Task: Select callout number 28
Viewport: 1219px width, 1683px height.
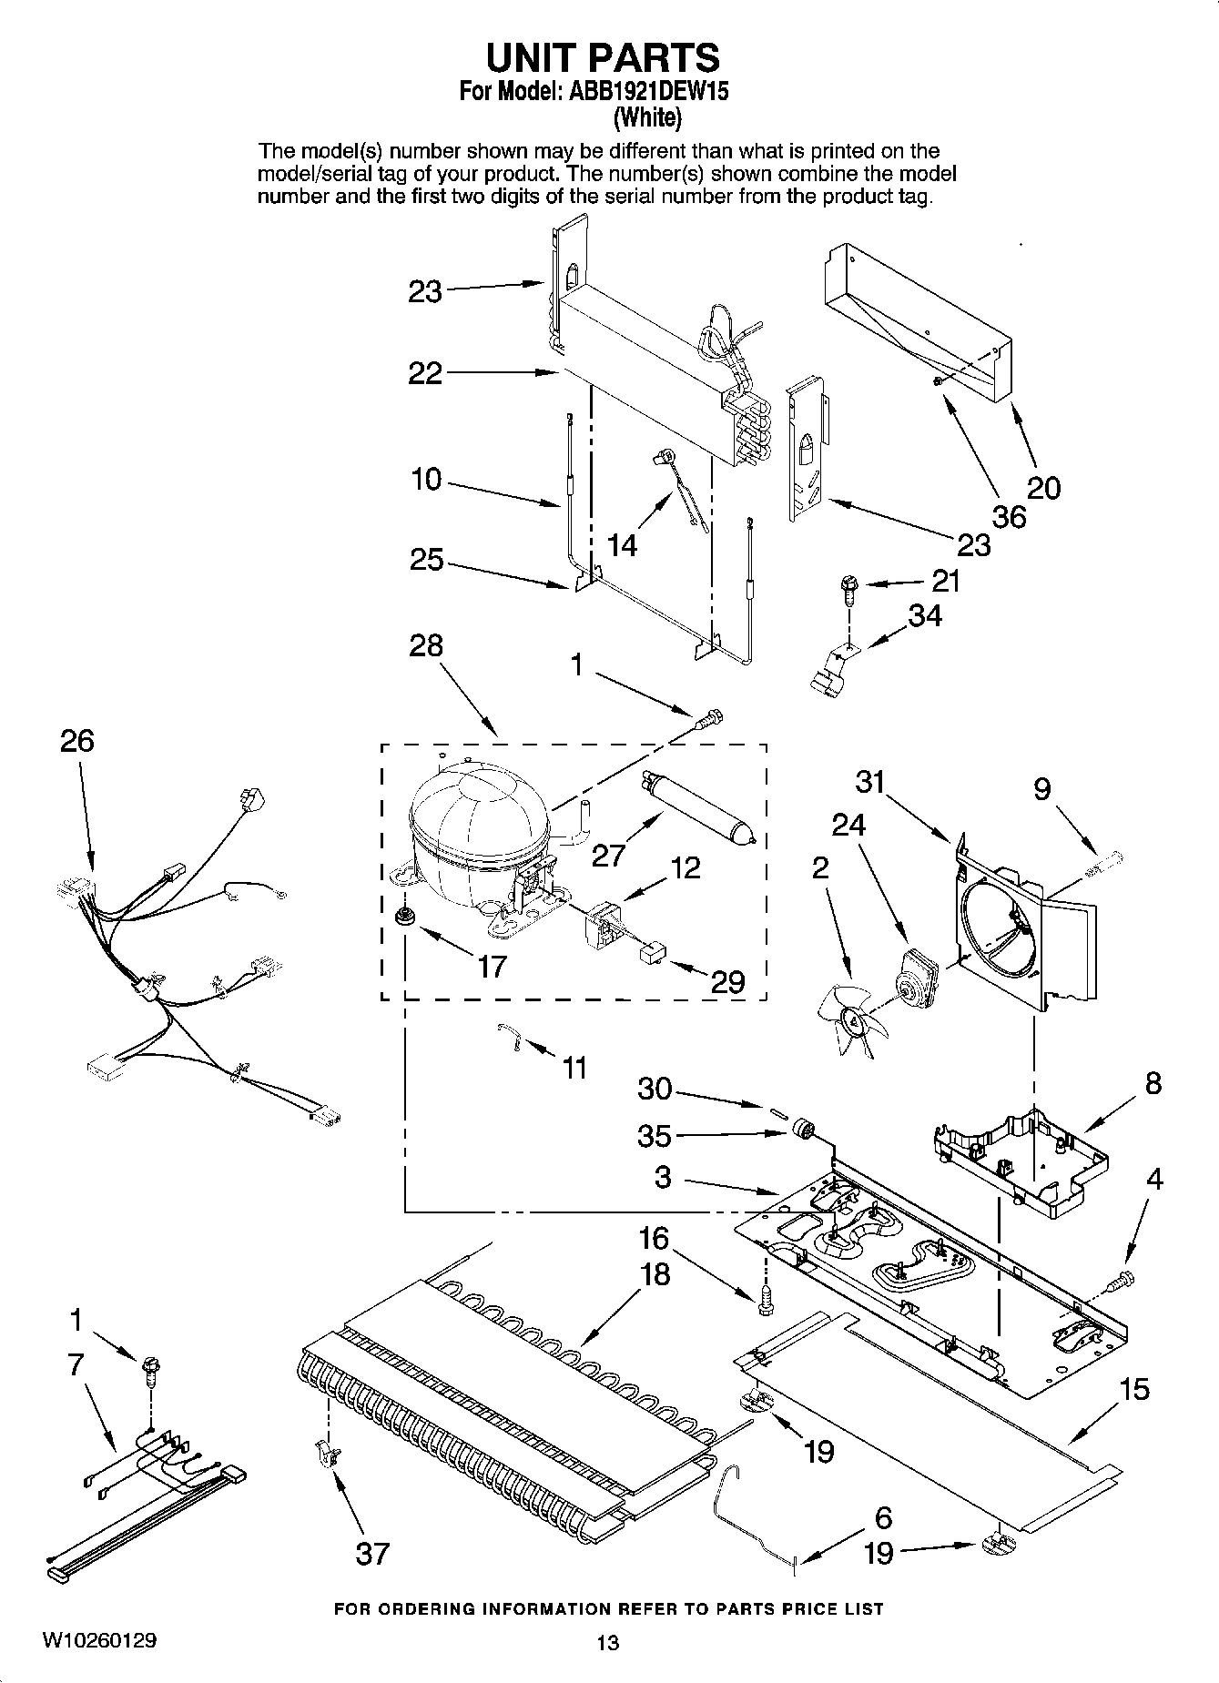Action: point(426,646)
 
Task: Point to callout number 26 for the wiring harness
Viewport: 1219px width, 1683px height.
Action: point(76,741)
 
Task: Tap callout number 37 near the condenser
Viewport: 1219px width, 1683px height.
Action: point(372,1553)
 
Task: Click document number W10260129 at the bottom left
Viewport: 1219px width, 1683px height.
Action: point(98,1640)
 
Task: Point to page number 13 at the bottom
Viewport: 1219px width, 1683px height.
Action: point(607,1642)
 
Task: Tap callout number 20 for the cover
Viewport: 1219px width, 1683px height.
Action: point(1043,488)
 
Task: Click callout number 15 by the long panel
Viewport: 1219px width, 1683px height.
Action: point(1134,1389)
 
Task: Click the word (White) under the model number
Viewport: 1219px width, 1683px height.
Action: point(647,117)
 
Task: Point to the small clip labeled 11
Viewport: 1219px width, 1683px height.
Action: point(513,1037)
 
